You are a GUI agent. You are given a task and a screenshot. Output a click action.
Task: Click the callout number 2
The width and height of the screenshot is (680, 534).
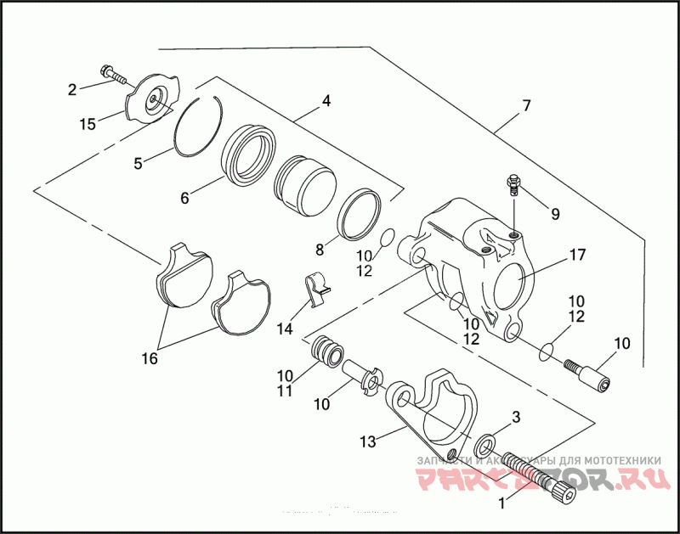coord(73,88)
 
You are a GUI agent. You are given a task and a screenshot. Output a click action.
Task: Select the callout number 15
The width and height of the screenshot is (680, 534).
coord(88,124)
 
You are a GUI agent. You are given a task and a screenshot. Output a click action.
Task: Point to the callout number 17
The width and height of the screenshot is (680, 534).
coord(578,255)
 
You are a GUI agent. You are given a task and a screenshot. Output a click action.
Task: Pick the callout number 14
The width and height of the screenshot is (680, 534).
coord(284,328)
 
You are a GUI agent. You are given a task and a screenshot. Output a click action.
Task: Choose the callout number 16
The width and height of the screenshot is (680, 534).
coord(150,359)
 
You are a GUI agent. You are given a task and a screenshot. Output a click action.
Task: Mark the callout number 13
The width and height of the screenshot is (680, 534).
coord(368,441)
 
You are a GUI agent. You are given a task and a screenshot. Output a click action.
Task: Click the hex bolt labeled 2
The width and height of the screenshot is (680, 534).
coord(113,75)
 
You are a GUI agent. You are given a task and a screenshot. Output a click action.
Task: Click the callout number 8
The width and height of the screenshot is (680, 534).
coord(320,250)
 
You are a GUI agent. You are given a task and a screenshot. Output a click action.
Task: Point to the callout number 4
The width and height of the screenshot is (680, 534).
coord(326,100)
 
